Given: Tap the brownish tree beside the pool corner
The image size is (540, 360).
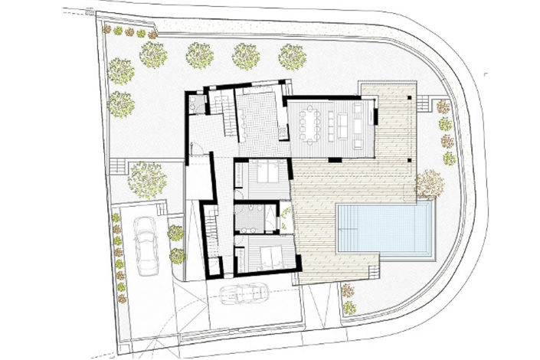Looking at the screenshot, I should tap(429, 183).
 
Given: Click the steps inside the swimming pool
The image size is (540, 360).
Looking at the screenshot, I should tap(348, 228).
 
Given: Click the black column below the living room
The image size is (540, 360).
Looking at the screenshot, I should tap(334, 159).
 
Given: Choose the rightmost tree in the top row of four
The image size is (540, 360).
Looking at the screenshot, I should tap(292, 56).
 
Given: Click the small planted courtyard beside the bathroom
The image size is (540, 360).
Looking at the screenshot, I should tap(286, 218).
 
